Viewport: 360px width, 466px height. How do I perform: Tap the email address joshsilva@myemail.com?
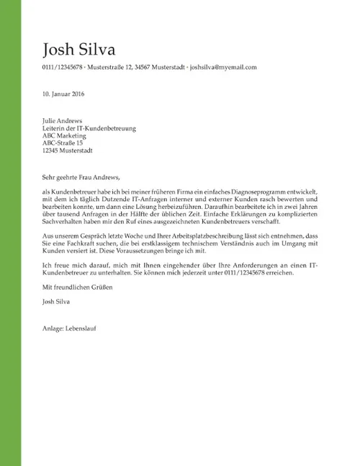223,67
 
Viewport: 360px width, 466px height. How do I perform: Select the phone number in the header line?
63,67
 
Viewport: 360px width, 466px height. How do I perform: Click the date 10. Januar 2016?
63,94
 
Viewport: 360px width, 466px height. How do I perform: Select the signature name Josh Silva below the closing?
57,302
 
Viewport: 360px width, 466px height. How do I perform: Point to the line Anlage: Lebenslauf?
70,328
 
